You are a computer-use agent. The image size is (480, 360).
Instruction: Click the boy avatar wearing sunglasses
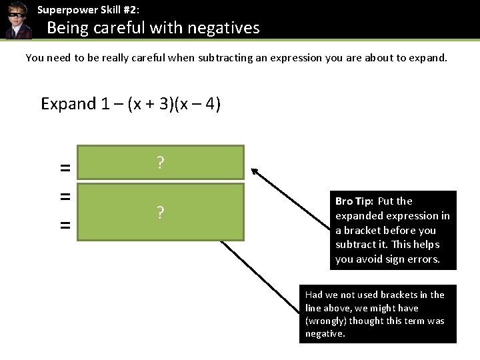[x=16, y=20]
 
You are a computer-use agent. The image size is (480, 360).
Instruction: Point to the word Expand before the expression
[x=69, y=104]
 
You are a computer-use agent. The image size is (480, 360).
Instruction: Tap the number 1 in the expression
[x=105, y=104]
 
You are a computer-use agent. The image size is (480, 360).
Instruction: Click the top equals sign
[x=65, y=169]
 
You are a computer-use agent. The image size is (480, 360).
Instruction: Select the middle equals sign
[x=65, y=197]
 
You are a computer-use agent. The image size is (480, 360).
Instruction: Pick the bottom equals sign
[x=65, y=226]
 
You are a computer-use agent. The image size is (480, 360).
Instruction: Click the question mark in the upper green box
[x=160, y=163]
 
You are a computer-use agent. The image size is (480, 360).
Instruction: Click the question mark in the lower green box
[x=160, y=213]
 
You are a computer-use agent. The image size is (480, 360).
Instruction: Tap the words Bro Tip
[x=353, y=201]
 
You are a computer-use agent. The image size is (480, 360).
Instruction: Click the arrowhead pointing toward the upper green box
[x=256, y=173]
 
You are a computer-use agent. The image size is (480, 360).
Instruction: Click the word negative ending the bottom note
[x=324, y=333]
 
